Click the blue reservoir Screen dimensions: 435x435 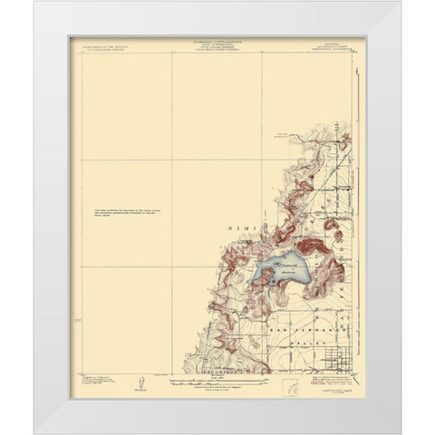(x=282, y=273)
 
